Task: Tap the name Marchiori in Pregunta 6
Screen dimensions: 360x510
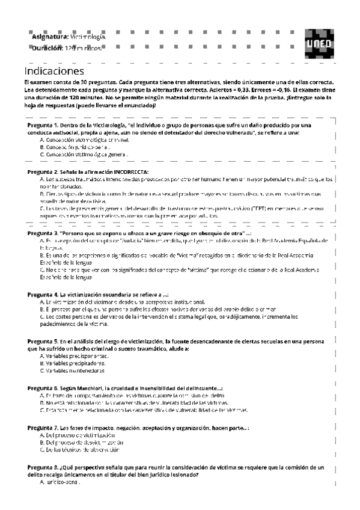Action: (88, 388)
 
